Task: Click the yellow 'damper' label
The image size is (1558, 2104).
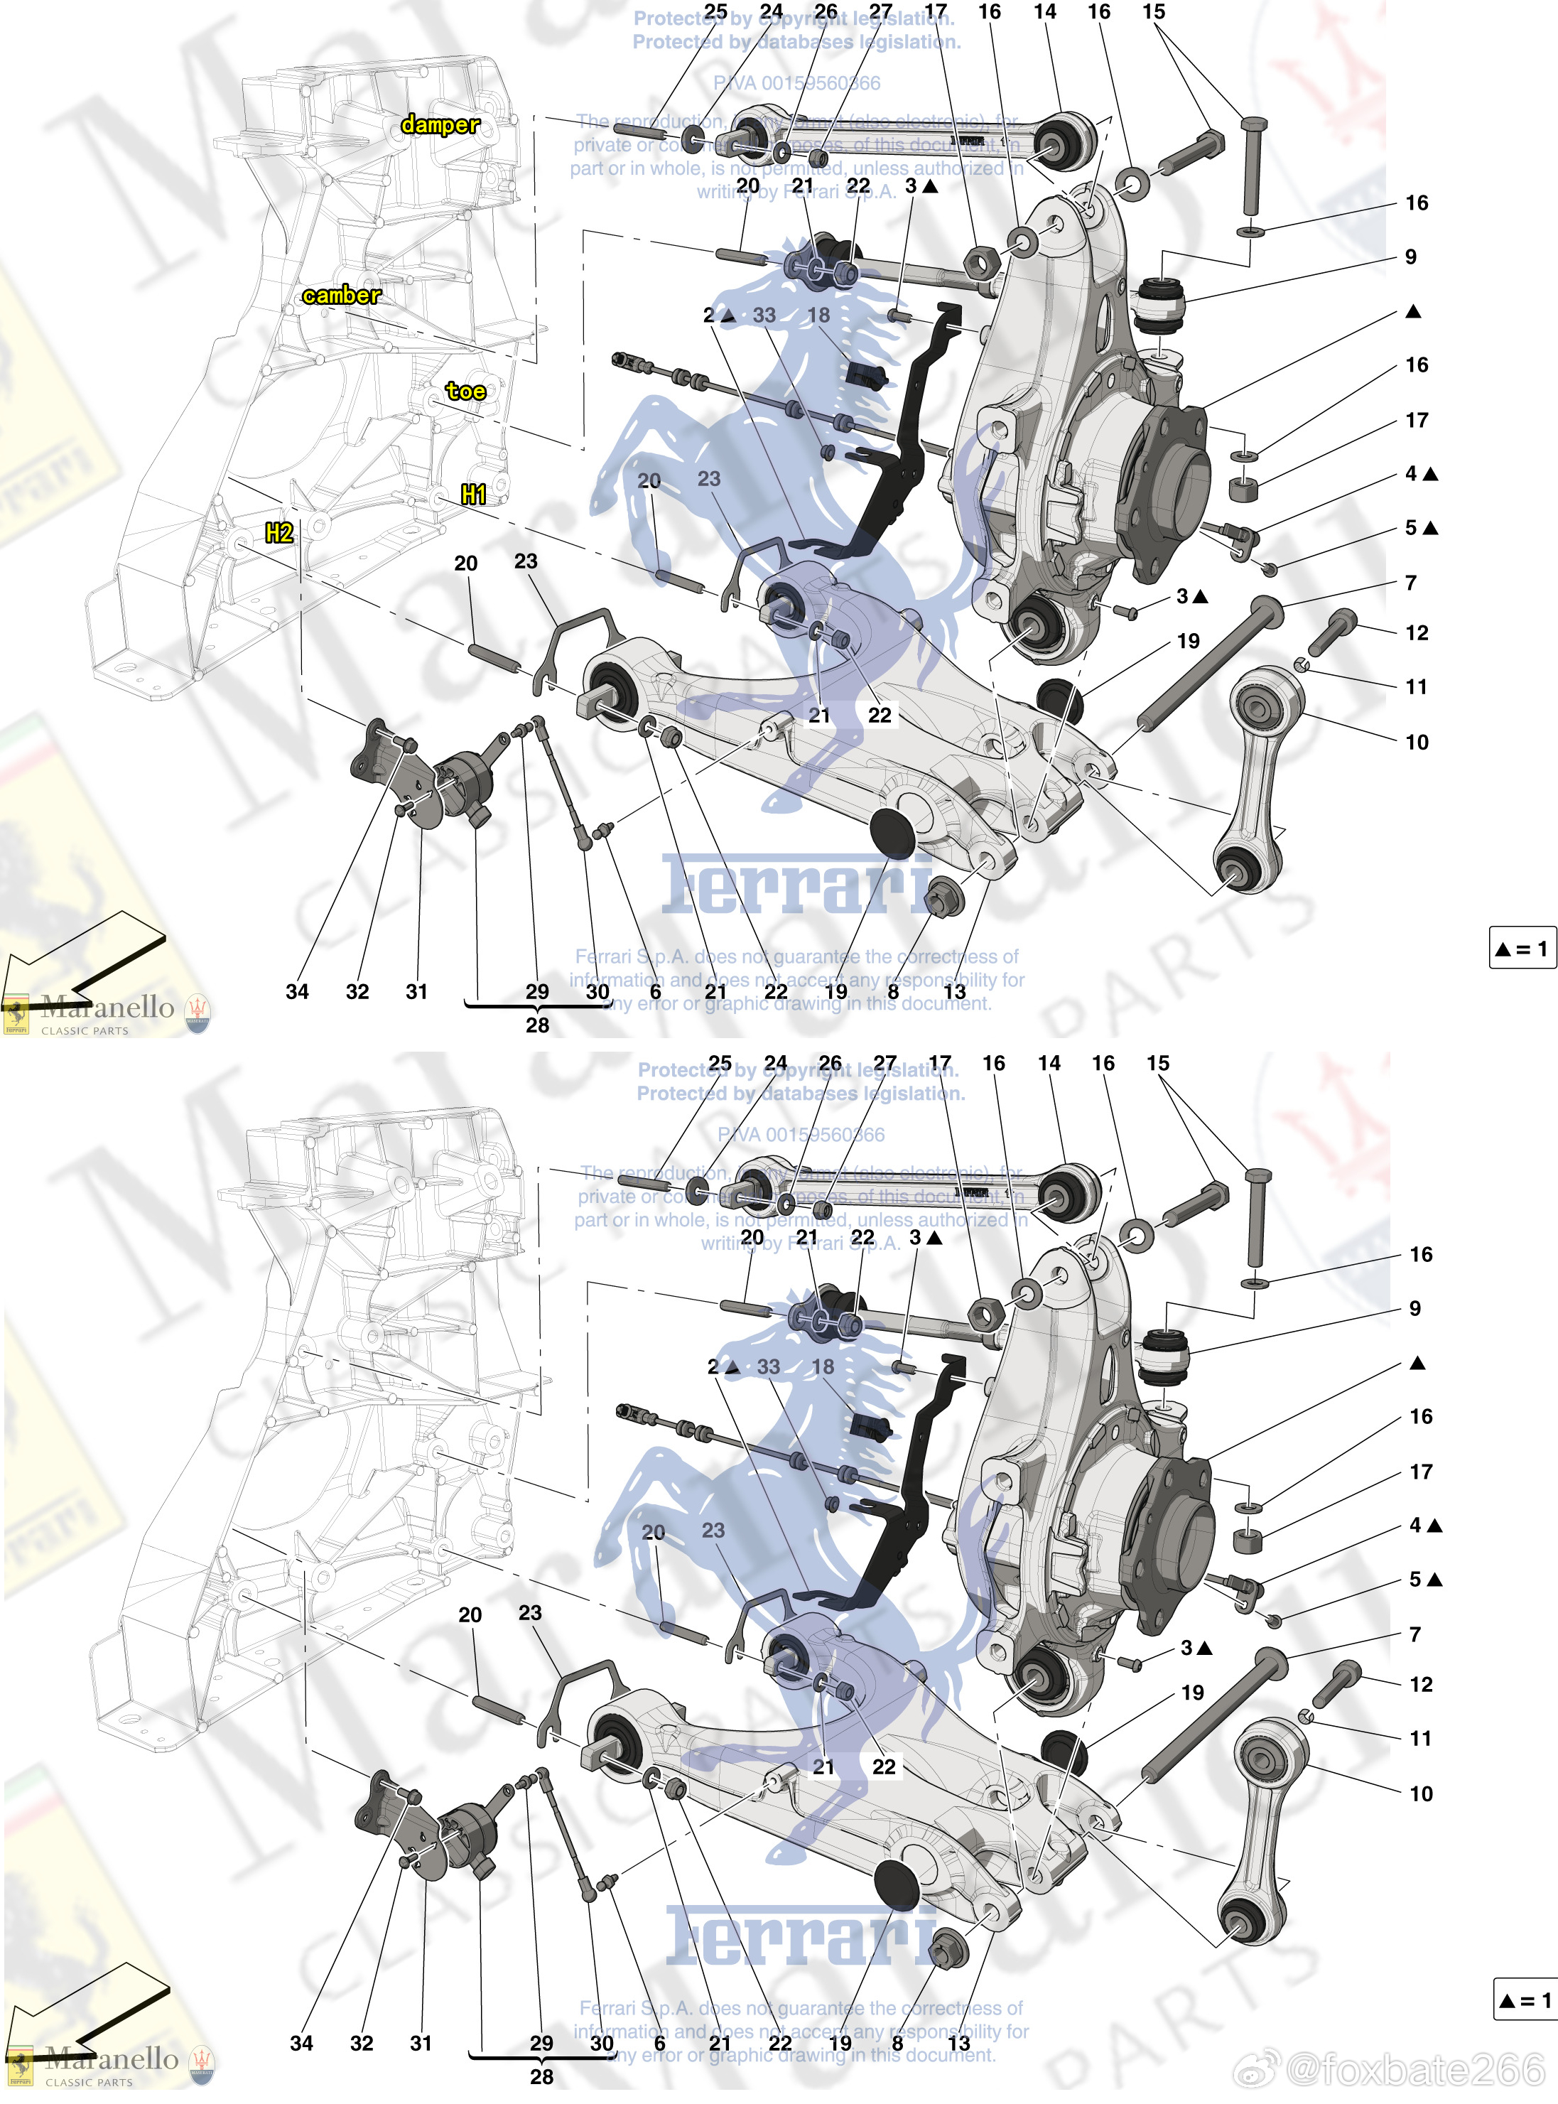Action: point(440,124)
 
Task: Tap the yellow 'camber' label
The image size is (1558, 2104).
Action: point(342,295)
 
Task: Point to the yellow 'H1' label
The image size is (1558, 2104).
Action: point(473,494)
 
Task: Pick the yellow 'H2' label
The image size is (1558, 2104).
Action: point(279,533)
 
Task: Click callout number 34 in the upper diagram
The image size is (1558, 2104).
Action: point(297,991)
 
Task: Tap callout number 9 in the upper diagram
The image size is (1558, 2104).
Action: point(1410,257)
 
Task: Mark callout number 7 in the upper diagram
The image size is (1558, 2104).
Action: point(1410,583)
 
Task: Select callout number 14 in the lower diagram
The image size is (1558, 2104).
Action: point(1049,1063)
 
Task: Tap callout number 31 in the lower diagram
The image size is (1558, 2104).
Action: point(421,2043)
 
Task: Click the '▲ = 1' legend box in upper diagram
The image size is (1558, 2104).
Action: point(1521,948)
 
